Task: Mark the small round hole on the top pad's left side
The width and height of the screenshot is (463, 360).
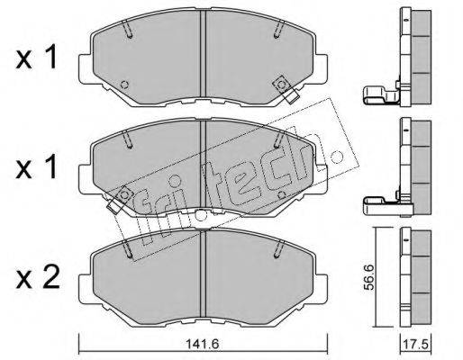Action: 125,86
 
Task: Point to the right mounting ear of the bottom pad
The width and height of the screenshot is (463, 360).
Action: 322,282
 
